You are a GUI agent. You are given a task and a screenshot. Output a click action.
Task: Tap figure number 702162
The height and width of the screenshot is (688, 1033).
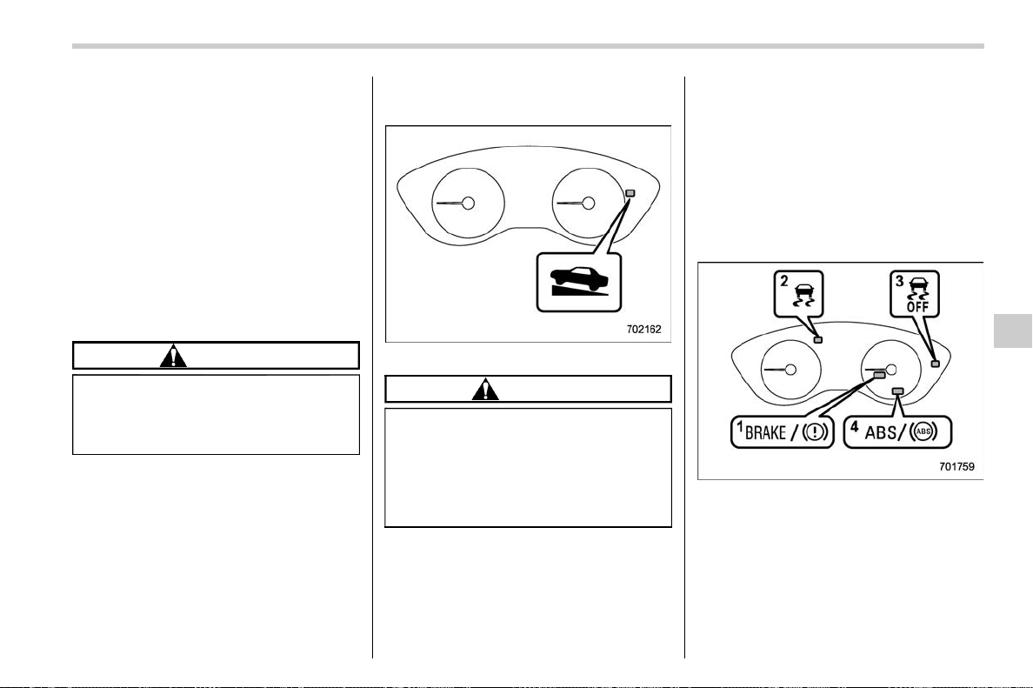pos(643,329)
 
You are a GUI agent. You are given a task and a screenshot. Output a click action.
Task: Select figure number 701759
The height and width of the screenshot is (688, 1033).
pos(956,466)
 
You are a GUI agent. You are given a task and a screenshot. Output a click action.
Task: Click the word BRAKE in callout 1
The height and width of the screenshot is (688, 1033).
pos(765,433)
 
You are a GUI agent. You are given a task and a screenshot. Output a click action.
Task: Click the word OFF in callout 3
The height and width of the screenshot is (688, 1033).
pos(917,306)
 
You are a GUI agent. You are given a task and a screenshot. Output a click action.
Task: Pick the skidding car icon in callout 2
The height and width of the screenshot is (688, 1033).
pos(803,294)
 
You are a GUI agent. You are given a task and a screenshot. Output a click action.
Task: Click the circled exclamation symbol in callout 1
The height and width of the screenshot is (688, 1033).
pos(816,433)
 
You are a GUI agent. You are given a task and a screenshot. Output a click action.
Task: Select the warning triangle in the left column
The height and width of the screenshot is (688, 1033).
pos(173,356)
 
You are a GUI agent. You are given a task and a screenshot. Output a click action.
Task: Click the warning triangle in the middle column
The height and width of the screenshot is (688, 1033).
pos(485,389)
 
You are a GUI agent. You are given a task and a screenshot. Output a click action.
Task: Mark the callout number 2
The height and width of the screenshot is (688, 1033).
pos(784,282)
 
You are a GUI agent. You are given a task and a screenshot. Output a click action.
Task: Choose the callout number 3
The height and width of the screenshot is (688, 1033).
pos(899,282)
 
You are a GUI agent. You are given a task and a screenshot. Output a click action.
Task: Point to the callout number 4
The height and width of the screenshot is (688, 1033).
pos(855,426)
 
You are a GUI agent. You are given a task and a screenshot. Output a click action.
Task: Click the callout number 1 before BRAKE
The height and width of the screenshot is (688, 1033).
pos(740,428)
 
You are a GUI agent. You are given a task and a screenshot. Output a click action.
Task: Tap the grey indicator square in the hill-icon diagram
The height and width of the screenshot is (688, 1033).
pos(630,193)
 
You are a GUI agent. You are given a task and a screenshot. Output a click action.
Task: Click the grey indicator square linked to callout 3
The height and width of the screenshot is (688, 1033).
pos(935,364)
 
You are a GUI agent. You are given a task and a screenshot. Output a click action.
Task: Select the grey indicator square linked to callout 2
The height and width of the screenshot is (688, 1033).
pos(818,340)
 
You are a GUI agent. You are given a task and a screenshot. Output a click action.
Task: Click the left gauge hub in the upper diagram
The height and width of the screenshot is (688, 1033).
pos(469,203)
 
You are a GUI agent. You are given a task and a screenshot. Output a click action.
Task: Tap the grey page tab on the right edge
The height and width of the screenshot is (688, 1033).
pos(1012,331)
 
